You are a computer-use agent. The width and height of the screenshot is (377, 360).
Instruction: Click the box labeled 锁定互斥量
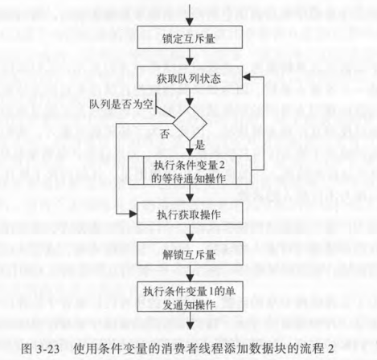click(190, 37)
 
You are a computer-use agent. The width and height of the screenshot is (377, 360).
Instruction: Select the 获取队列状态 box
click(190, 77)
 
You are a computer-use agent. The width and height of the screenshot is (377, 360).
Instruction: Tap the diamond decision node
click(190, 124)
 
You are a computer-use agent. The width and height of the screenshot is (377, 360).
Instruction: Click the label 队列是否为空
click(121, 104)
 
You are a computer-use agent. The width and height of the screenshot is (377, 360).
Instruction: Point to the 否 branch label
click(165, 134)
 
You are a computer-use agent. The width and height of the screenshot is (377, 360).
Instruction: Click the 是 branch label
click(199, 145)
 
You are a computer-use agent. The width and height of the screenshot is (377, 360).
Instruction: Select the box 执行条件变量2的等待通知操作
click(190, 170)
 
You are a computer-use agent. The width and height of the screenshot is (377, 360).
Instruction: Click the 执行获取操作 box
click(190, 214)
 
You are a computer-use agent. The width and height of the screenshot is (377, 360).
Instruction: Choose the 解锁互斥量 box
click(190, 253)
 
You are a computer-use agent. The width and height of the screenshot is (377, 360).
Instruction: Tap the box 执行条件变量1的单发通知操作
click(190, 297)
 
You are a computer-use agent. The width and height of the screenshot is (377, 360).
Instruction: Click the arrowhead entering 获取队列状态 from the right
click(247, 77)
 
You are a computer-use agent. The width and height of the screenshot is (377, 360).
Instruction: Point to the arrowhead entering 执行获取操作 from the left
click(133, 214)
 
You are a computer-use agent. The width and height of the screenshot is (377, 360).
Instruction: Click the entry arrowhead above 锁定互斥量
click(190, 22)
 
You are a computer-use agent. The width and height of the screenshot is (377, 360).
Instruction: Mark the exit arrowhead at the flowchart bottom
click(190, 325)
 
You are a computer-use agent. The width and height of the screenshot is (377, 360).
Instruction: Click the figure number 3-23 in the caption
click(47, 349)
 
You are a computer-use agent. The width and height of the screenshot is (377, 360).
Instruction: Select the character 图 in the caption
click(27, 349)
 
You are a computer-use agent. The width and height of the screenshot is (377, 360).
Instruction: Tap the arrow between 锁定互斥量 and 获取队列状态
click(190, 57)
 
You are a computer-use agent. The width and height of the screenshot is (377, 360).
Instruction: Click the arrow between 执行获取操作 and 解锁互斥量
click(190, 233)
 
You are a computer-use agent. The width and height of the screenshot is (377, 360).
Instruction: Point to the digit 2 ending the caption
click(330, 349)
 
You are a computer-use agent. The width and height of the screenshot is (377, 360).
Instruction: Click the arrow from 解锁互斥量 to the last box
click(190, 273)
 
